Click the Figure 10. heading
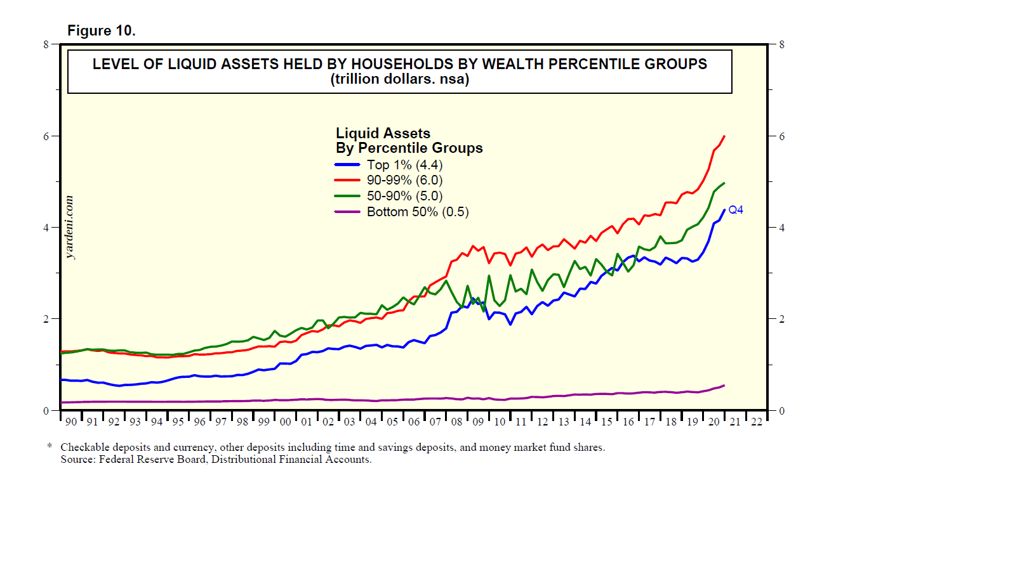click(102, 31)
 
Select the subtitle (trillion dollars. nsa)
click(400, 79)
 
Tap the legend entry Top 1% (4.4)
click(404, 165)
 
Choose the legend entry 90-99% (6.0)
click(404, 181)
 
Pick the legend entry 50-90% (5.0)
click(404, 197)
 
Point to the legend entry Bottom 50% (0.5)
click(417, 212)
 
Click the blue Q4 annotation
click(736, 210)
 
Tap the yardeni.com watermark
click(70, 227)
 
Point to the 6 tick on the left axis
click(46, 136)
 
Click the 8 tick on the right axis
click(782, 45)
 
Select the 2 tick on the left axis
click(46, 319)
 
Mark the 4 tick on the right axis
click(782, 228)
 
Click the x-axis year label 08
click(456, 422)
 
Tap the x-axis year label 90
click(71, 422)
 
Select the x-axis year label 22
click(757, 422)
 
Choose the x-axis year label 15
click(607, 422)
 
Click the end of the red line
click(724, 136)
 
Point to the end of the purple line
click(724, 385)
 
